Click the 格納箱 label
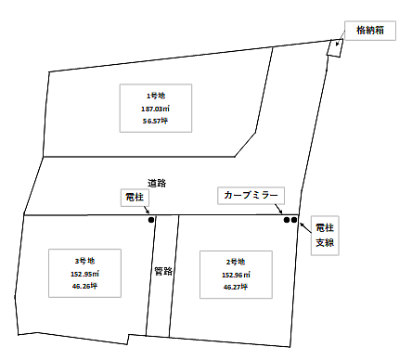click(x=371, y=31)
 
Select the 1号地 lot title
click(x=155, y=96)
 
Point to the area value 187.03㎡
click(x=155, y=109)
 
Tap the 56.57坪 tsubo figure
click(x=155, y=122)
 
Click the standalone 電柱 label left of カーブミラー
click(x=134, y=197)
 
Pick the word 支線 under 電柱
click(x=324, y=242)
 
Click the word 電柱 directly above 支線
click(x=324, y=227)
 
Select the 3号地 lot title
click(x=84, y=261)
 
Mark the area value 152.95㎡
click(x=84, y=274)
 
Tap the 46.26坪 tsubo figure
click(x=84, y=287)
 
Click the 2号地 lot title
click(x=236, y=263)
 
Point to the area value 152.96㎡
click(x=236, y=276)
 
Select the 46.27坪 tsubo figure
click(x=236, y=288)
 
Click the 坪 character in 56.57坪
click(x=165, y=122)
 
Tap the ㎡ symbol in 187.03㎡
click(x=167, y=109)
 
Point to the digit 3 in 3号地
click(x=77, y=261)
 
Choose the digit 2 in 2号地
click(x=228, y=263)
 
